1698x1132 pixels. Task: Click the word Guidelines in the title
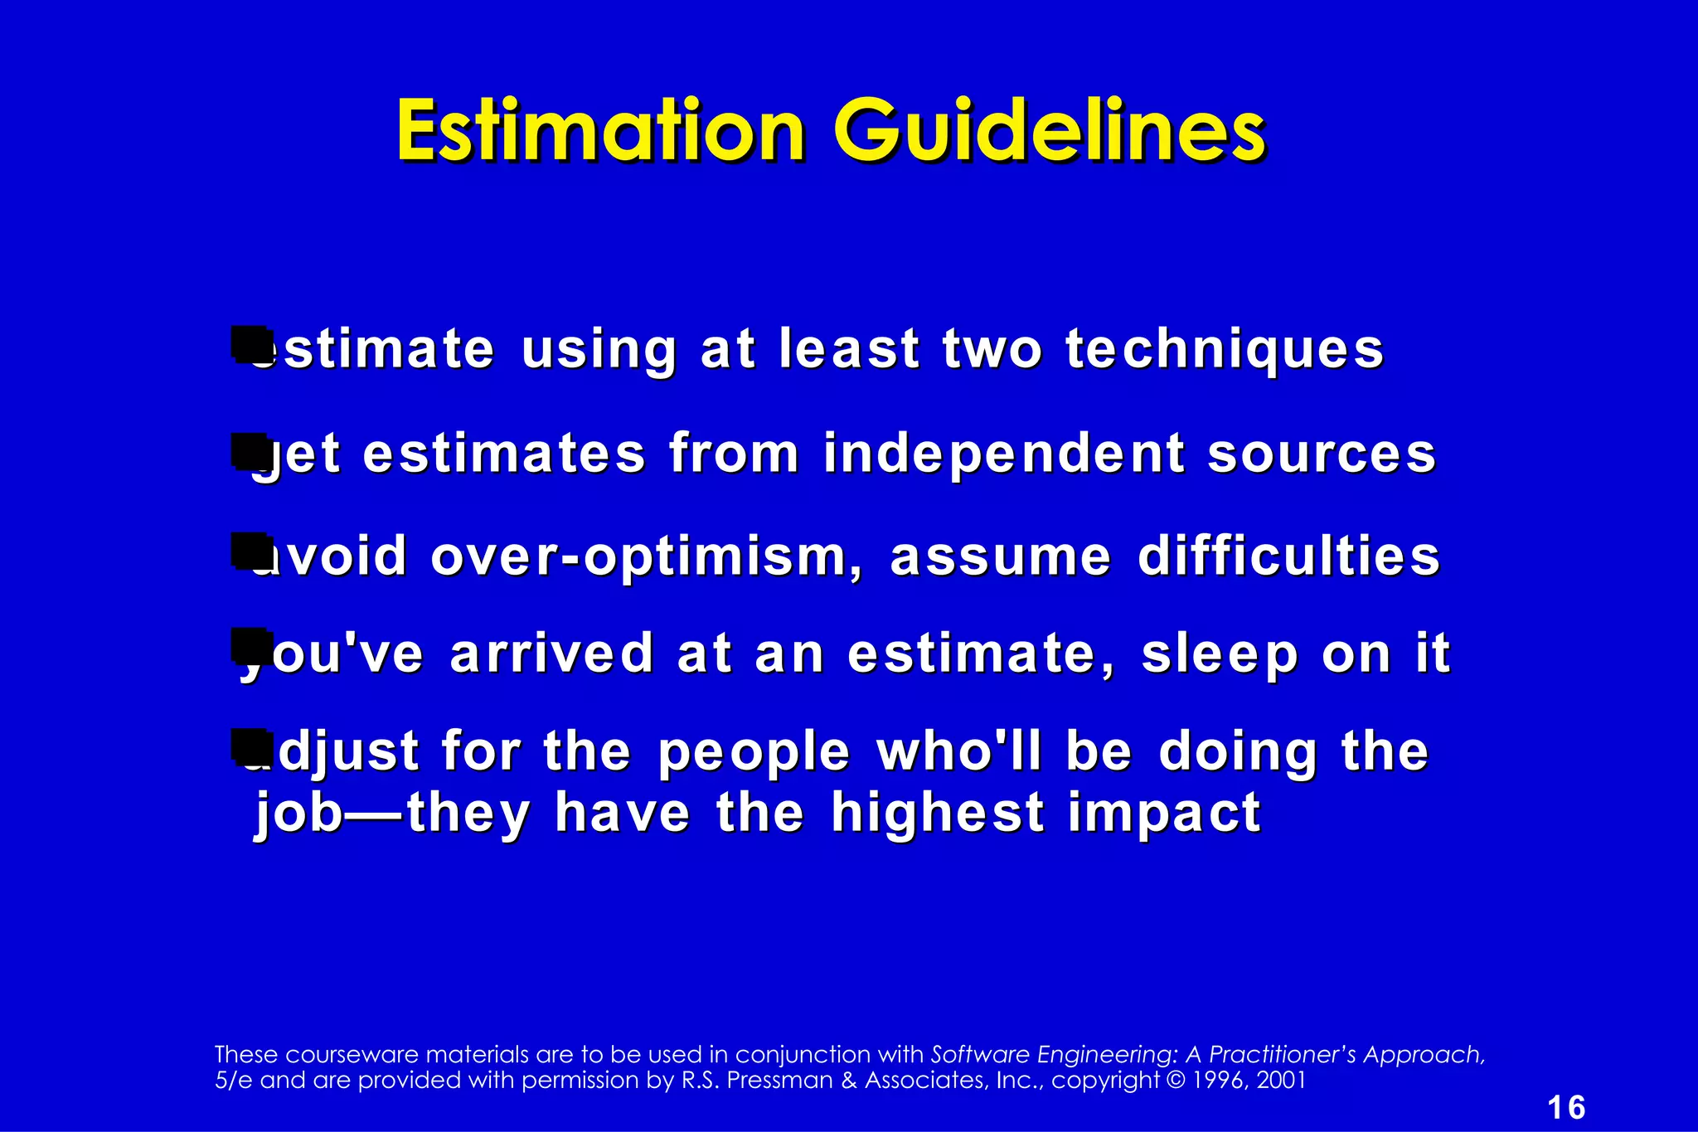1050,133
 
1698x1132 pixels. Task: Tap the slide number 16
1566,1108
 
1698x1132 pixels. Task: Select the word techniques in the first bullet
1225,349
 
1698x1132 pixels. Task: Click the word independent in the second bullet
1004,454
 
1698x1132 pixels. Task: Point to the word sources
1322,454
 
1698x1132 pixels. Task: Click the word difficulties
1289,556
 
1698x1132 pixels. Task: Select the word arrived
552,653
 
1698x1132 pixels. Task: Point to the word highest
937,813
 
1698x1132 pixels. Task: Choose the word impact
1164,814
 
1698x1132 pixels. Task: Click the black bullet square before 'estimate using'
249,343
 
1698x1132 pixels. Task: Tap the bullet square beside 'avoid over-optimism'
249,550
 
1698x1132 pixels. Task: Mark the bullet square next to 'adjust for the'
249,746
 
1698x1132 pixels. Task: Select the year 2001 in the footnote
1282,1081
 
